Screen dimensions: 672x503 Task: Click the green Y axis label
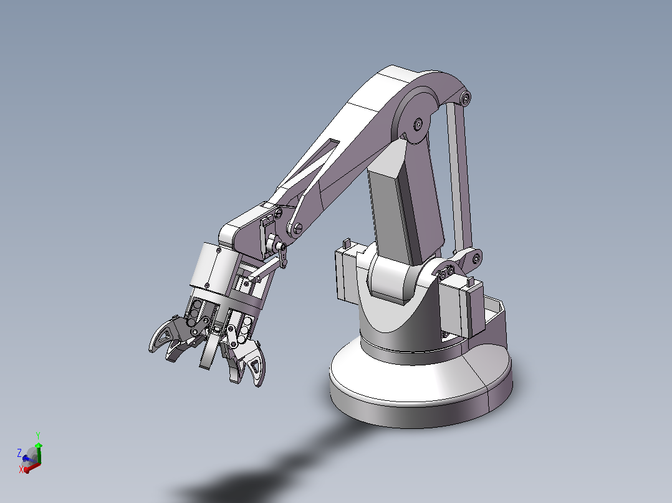(x=38, y=435)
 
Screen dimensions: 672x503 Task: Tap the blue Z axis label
(x=19, y=453)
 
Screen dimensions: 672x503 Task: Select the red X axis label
(x=21, y=469)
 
